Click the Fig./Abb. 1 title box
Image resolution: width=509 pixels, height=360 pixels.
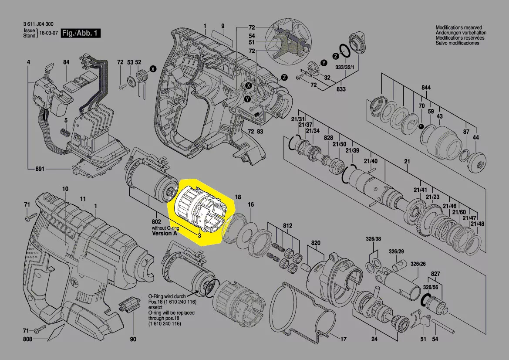click(x=81, y=33)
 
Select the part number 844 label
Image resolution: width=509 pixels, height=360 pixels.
click(x=426, y=88)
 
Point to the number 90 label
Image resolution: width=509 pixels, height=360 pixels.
click(x=133, y=339)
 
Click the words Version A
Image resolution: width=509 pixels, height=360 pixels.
click(x=165, y=233)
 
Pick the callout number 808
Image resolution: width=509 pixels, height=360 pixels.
click(x=27, y=339)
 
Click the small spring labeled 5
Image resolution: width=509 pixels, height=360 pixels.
click(x=66, y=133)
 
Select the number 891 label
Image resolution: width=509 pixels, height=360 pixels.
click(x=40, y=169)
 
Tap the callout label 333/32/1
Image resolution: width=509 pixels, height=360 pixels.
click(x=345, y=67)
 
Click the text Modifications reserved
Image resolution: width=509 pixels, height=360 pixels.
click(x=458, y=27)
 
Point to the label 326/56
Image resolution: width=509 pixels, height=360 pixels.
click(x=431, y=287)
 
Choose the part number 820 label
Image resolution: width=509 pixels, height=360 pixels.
click(x=316, y=243)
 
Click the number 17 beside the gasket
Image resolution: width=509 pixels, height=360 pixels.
click(x=343, y=339)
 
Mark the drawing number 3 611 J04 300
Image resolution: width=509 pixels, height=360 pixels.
click(x=38, y=24)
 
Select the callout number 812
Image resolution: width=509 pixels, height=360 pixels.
click(x=287, y=225)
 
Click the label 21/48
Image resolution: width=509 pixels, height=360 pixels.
click(x=477, y=224)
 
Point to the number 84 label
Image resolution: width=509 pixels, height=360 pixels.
click(x=66, y=62)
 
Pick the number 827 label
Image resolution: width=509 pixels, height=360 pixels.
click(x=435, y=274)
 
